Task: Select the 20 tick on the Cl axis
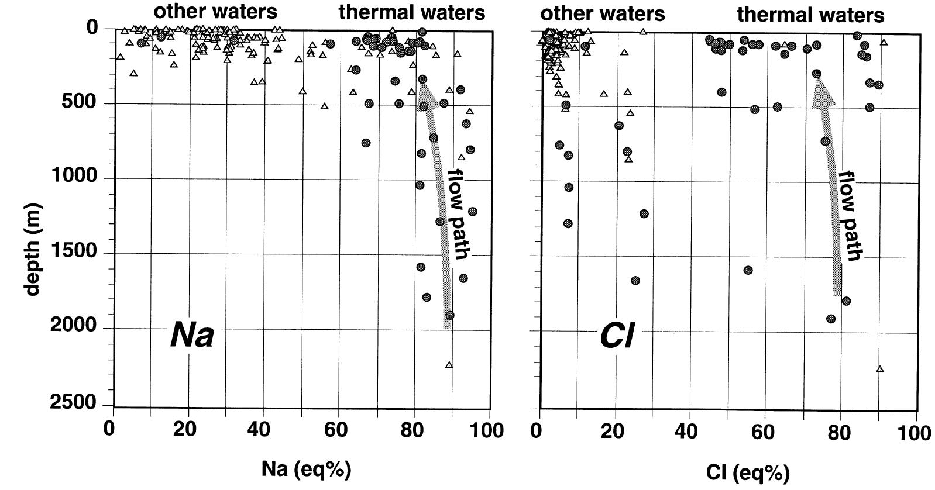point(611,433)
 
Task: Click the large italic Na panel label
point(192,336)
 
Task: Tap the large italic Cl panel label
point(617,337)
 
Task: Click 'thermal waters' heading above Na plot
point(412,12)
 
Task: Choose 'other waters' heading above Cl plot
point(602,13)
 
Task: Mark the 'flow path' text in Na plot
point(458,214)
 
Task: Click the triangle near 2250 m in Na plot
point(449,365)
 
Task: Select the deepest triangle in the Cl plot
point(879,369)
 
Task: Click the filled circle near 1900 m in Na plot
point(449,315)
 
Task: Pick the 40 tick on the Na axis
point(262,430)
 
